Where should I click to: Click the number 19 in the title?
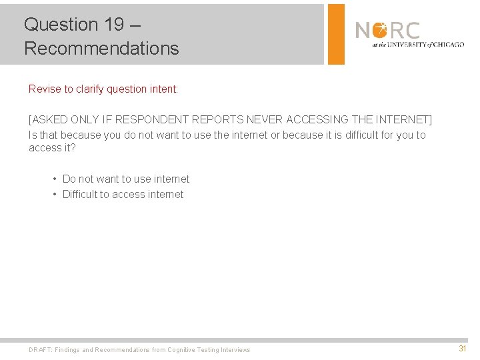114,25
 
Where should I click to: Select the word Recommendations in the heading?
101,49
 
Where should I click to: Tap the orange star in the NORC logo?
379,30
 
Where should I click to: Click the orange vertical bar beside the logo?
336,34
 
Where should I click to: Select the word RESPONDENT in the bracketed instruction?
152,120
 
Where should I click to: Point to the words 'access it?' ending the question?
52,148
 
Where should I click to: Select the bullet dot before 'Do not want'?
55,179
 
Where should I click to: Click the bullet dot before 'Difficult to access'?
55,194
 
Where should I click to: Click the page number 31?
462,349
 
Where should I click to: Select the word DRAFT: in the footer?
40,350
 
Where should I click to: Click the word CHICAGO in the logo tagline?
449,45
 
